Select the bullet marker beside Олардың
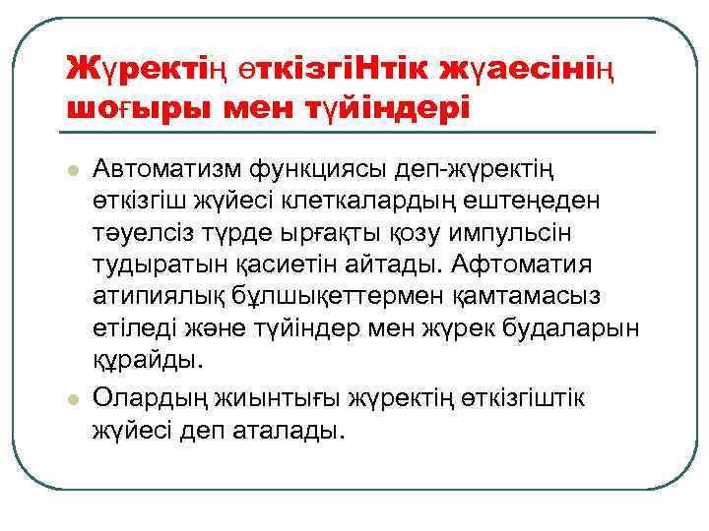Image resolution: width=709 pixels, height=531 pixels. pyautogui.click(x=72, y=399)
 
